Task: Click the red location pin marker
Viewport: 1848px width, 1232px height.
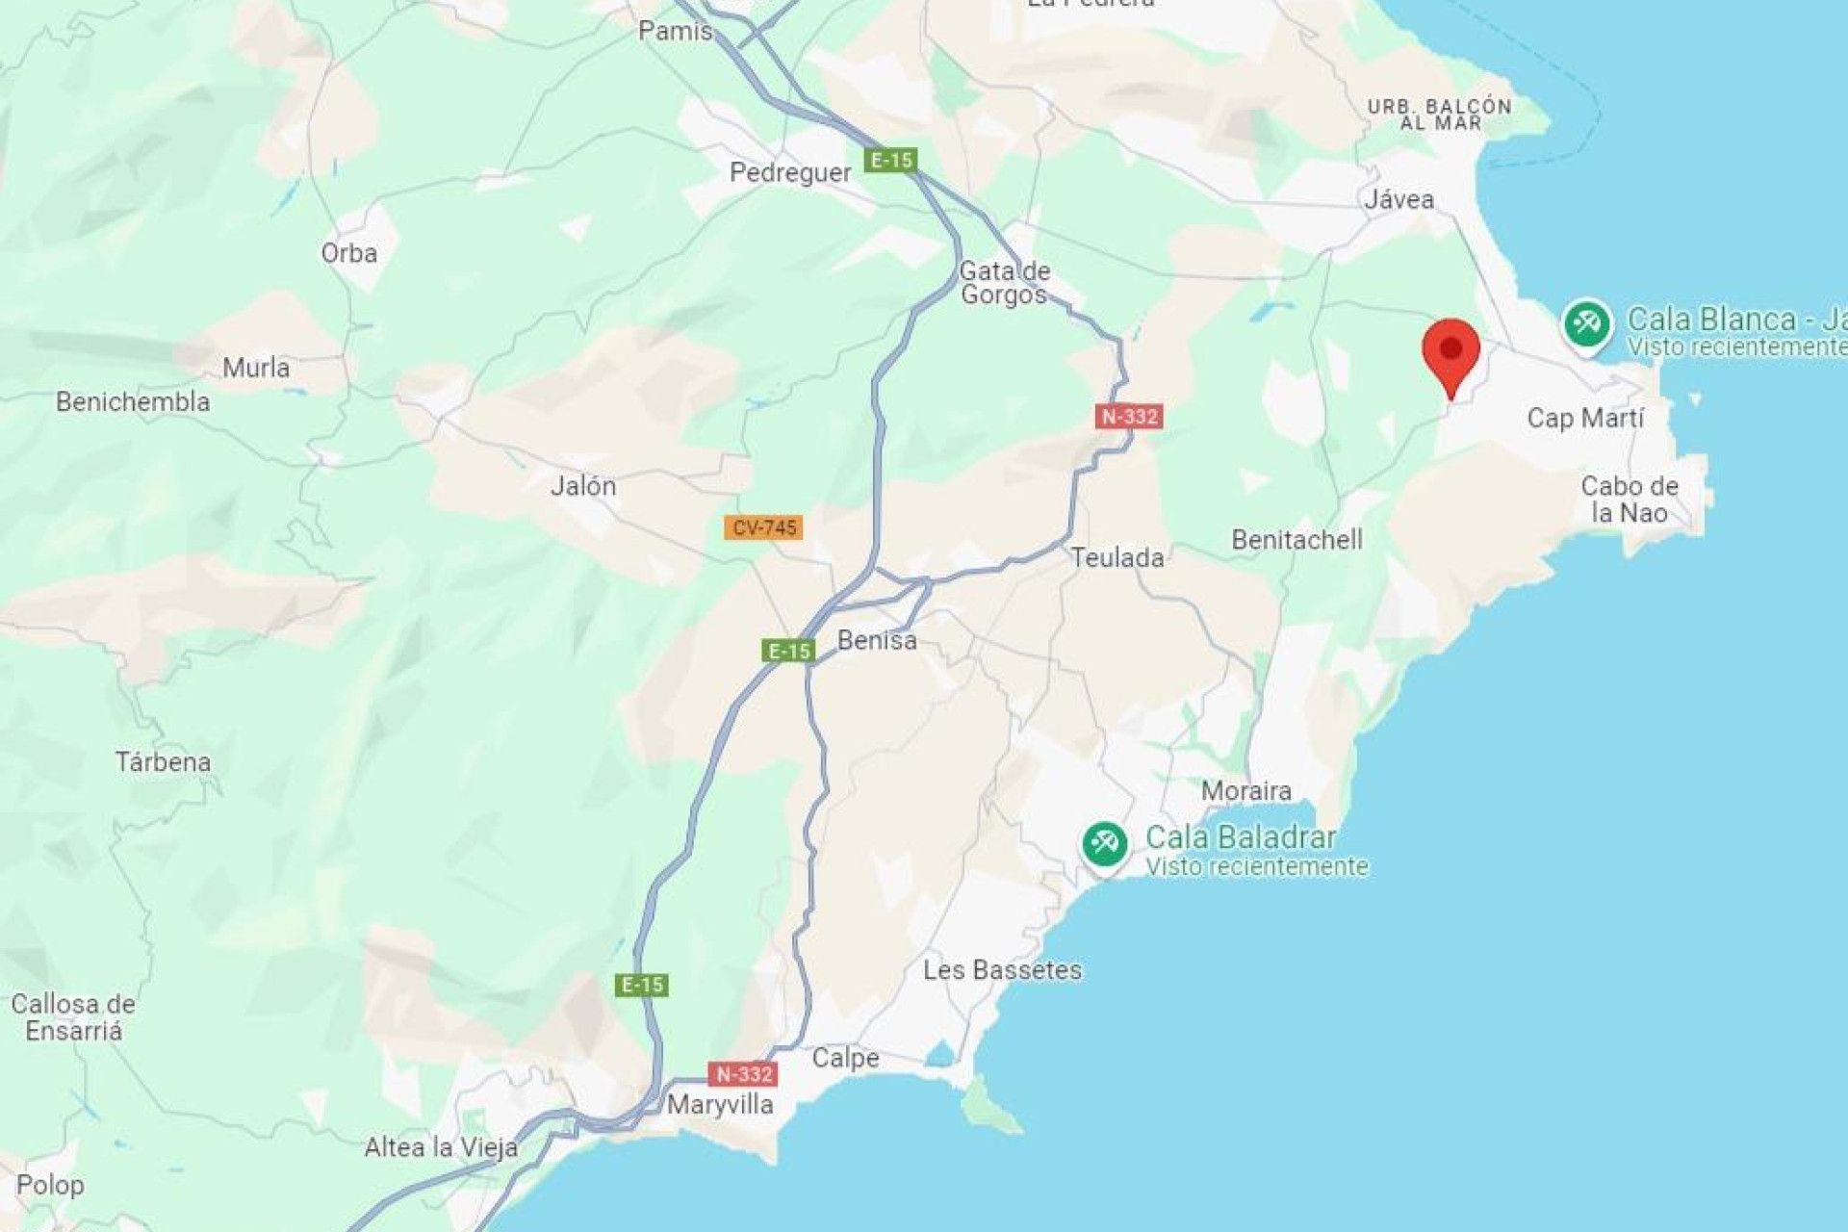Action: coord(1450,352)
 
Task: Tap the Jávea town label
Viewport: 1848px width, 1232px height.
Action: coord(1399,199)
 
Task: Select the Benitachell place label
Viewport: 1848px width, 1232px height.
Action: coord(1296,539)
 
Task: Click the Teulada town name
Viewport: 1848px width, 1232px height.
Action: coord(1116,557)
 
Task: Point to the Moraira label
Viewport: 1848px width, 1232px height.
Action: coord(1245,790)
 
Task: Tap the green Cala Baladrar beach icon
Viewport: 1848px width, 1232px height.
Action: coord(1104,844)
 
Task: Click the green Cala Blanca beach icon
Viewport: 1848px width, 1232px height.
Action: coord(1585,324)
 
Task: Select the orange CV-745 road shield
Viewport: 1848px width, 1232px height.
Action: coord(763,527)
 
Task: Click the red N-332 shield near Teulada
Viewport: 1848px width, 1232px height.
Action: coord(1129,417)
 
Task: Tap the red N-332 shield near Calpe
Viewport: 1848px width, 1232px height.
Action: coord(742,1074)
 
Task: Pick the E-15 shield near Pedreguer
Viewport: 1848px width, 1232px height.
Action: coord(890,160)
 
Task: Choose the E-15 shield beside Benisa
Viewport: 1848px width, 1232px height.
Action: coord(788,652)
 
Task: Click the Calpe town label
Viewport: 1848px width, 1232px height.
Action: coord(845,1058)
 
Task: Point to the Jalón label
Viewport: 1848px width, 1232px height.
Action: coord(583,485)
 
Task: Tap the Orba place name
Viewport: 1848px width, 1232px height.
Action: coord(348,253)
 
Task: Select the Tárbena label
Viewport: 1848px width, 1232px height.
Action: coord(163,762)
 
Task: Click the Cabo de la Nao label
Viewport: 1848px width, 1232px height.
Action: coord(1629,499)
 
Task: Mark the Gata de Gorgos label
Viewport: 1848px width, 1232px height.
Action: coord(1004,283)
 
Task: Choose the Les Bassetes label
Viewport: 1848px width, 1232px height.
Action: coord(1002,969)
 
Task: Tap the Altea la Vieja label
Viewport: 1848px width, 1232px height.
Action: coord(441,1146)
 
